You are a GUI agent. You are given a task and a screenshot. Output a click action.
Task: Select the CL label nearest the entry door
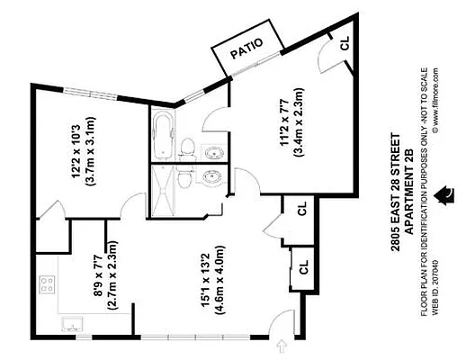coord(303,266)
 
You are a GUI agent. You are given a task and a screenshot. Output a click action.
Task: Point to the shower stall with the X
coord(166,189)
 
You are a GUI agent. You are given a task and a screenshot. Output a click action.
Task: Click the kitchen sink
coord(69,323)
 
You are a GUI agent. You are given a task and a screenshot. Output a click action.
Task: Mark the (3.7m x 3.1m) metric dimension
coord(91,152)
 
